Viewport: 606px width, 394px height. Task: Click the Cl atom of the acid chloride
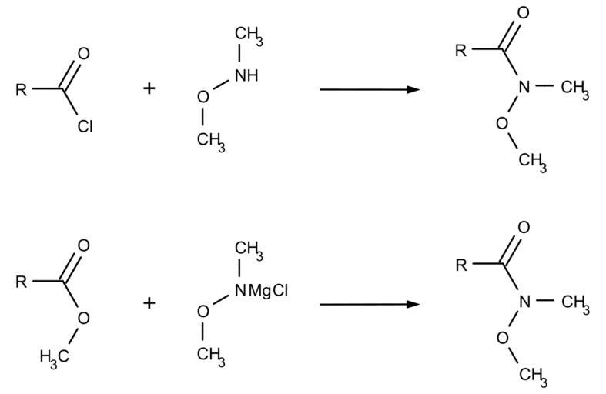click(x=85, y=126)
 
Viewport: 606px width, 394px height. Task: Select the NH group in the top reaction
click(x=246, y=75)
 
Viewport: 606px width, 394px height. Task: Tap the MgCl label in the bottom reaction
click(x=268, y=290)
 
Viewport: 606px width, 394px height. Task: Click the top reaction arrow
click(x=370, y=89)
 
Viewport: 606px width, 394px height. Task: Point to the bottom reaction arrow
click(x=370, y=305)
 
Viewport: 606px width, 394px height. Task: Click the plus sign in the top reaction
click(x=149, y=88)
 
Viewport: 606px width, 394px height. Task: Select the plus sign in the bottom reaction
click(x=149, y=303)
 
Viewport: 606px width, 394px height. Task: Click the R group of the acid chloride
click(x=22, y=89)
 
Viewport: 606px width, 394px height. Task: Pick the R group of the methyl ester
click(x=22, y=282)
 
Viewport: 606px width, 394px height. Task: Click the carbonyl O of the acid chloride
click(x=83, y=53)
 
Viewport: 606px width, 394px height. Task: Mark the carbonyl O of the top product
click(x=524, y=13)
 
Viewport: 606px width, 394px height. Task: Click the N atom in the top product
click(x=524, y=86)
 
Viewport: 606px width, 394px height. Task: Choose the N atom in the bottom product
click(x=524, y=302)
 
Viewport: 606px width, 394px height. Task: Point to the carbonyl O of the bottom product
click(x=524, y=228)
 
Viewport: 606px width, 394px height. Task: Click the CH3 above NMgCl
click(x=249, y=249)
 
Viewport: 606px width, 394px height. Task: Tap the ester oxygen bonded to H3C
click(x=83, y=318)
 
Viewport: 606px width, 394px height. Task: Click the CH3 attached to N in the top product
click(x=575, y=88)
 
